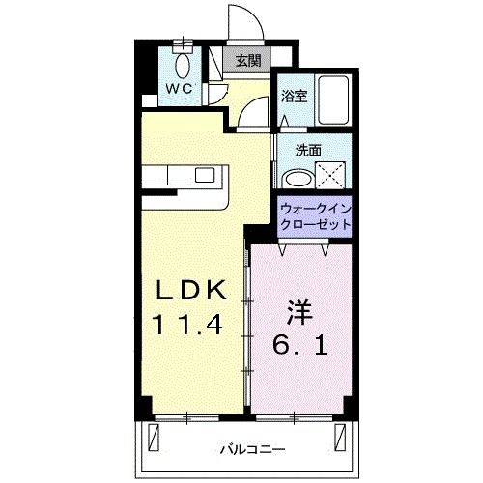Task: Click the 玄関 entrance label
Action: click(x=247, y=61)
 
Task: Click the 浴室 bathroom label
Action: click(x=294, y=97)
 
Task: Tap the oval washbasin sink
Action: click(x=298, y=179)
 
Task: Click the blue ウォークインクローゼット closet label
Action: click(x=314, y=214)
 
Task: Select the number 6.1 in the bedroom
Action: click(x=300, y=344)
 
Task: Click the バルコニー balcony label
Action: click(x=250, y=449)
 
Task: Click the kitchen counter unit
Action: click(x=186, y=180)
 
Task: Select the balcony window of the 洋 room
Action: click(x=299, y=416)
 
